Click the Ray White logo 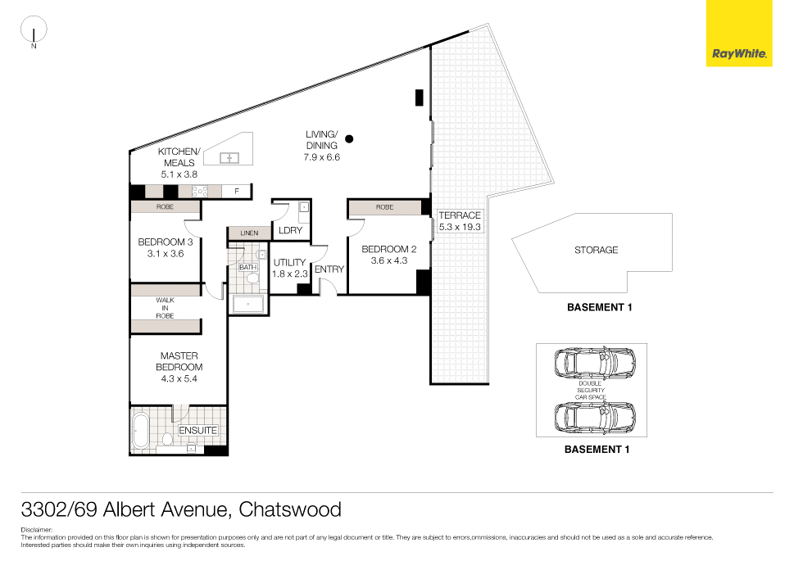[x=739, y=34]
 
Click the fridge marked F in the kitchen [x=237, y=192]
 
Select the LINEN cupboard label [x=249, y=233]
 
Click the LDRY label [x=290, y=230]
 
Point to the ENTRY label [x=329, y=269]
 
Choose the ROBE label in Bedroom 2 [x=384, y=208]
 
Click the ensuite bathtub [x=141, y=432]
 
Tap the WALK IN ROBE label [x=165, y=308]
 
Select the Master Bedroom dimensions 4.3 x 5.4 [x=179, y=379]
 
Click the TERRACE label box [x=460, y=221]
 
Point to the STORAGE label [x=596, y=250]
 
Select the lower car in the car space [x=593, y=417]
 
